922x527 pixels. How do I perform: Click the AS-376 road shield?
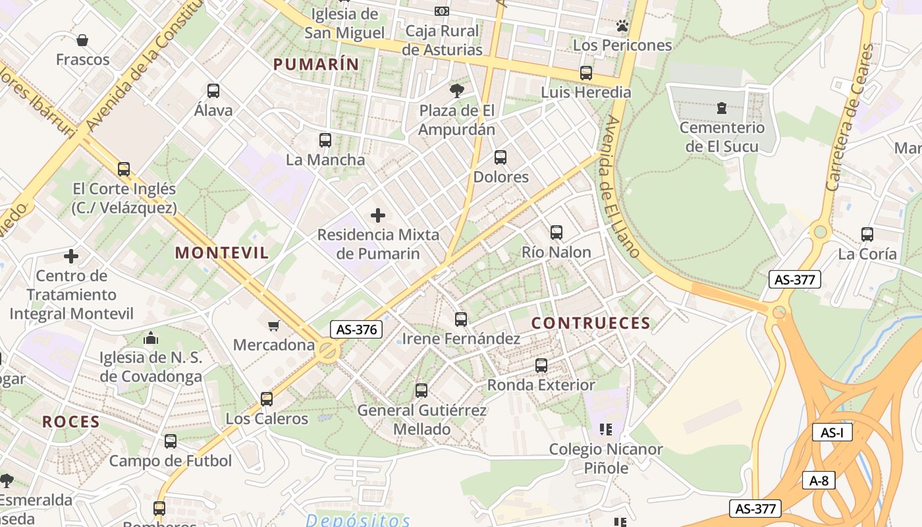point(356,329)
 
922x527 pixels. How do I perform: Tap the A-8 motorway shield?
point(819,480)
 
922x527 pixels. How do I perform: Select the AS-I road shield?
point(832,433)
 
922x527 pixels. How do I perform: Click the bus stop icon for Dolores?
point(501,157)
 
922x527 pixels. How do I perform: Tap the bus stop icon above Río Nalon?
point(556,233)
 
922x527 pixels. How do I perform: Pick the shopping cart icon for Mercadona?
point(274,325)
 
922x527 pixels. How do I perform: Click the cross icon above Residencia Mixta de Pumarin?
point(378,215)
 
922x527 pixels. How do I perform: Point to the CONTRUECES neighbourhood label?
point(591,323)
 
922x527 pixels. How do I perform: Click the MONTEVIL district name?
point(222,253)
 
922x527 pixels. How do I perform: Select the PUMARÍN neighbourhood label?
point(316,65)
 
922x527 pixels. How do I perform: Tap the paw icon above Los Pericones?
point(622,26)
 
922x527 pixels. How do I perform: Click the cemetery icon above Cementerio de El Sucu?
point(722,108)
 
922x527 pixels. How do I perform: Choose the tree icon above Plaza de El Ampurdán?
point(456,91)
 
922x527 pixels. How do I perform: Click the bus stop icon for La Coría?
point(867,235)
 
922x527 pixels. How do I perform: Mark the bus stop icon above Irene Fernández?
point(461,319)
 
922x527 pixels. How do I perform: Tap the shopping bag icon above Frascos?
point(82,40)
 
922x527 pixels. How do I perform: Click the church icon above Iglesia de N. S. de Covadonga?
point(151,339)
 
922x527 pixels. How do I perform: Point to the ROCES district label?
point(71,422)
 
